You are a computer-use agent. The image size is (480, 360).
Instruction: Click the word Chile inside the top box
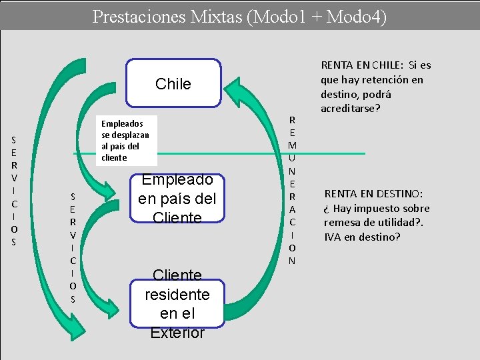pyautogui.click(x=173, y=84)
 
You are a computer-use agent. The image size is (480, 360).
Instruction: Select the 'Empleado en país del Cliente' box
pyautogui.click(x=177, y=199)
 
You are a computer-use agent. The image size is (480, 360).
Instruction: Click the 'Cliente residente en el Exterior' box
pyautogui.click(x=177, y=303)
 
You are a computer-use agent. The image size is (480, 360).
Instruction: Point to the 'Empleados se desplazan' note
pyautogui.click(x=125, y=141)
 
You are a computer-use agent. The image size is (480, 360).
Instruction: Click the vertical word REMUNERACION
pyautogui.click(x=292, y=190)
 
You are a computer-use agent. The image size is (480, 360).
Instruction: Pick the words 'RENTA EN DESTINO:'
pyautogui.click(x=373, y=194)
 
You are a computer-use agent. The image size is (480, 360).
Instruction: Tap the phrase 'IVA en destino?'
pyautogui.click(x=362, y=237)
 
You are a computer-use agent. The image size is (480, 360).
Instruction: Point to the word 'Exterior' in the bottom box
pyautogui.click(x=177, y=333)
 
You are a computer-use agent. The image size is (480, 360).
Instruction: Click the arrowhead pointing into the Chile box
pyautogui.click(x=230, y=84)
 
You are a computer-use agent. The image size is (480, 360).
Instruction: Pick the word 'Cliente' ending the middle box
pyautogui.click(x=177, y=218)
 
